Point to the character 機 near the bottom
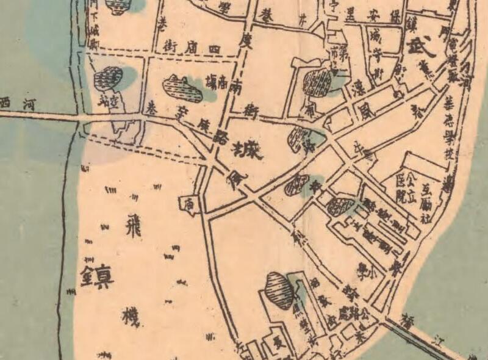click(x=132, y=317)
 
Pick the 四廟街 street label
click(x=188, y=46)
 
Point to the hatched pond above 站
click(x=109, y=78)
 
